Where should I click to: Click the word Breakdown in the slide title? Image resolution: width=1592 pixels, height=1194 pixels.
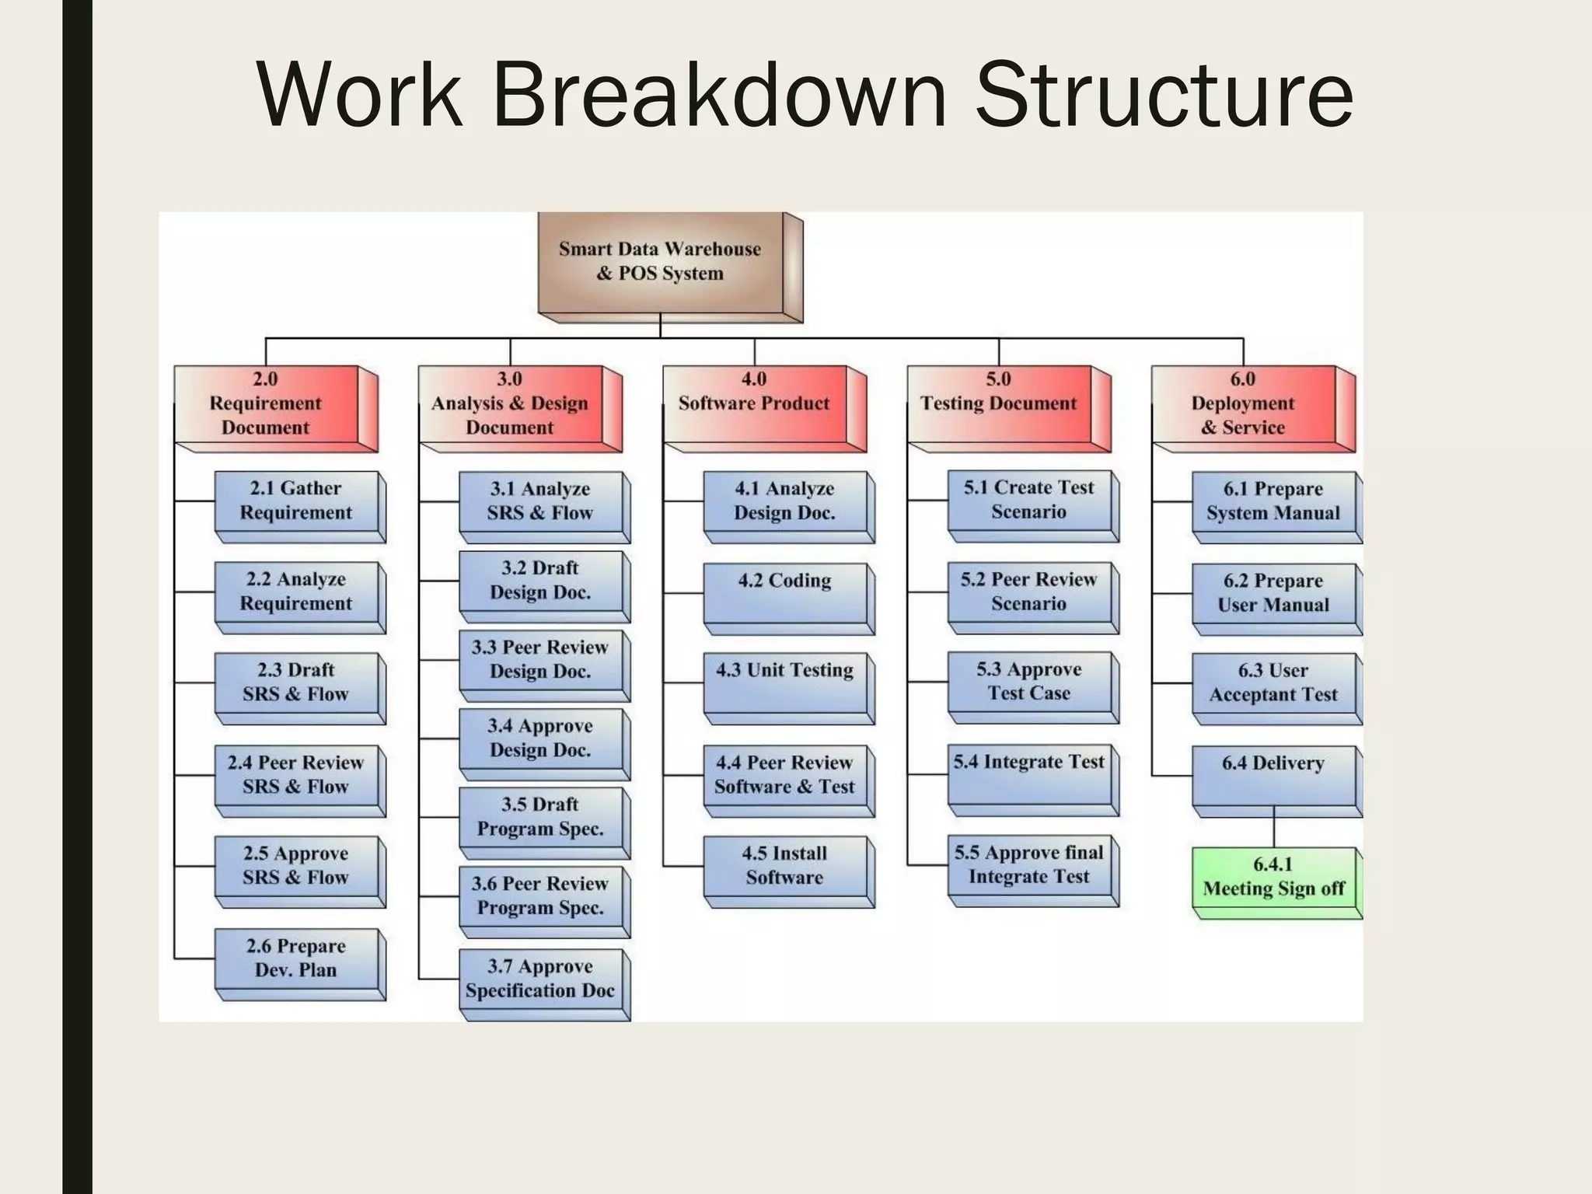[x=719, y=95]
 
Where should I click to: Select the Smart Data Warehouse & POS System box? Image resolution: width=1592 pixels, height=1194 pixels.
[x=661, y=262]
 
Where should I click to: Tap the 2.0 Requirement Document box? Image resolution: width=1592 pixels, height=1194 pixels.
[x=266, y=403]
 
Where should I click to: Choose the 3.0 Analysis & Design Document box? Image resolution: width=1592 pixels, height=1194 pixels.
[x=510, y=403]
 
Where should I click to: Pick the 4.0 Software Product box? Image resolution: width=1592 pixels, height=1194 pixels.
[x=754, y=403]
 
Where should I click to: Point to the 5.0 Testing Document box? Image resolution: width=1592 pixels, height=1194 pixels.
[x=999, y=403]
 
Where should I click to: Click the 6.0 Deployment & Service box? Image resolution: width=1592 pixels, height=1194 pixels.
[x=1243, y=403]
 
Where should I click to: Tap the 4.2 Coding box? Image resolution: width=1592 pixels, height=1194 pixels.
[x=785, y=592]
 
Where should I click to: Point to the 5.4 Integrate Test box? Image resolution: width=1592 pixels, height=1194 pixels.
[x=1029, y=774]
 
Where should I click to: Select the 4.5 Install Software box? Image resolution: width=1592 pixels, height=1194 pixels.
[x=785, y=866]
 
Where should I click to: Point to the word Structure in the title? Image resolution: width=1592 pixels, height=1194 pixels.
[x=1164, y=95]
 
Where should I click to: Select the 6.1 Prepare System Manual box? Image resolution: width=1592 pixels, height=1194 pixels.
[x=1273, y=501]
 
